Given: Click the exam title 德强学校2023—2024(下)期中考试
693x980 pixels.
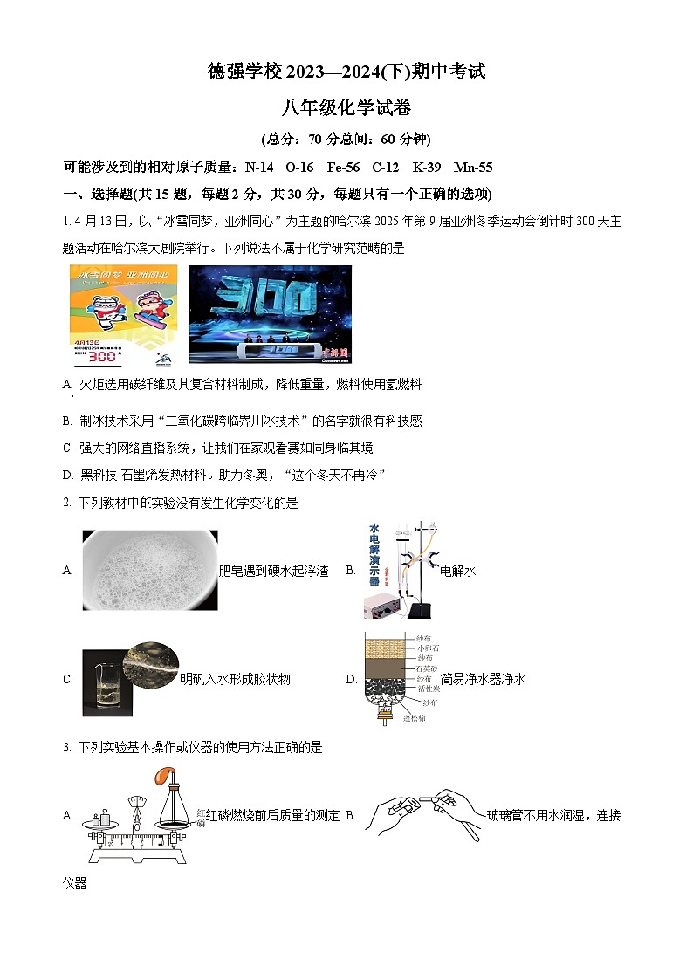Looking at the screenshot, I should click(346, 72).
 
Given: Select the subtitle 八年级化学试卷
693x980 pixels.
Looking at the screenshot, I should click(346, 108).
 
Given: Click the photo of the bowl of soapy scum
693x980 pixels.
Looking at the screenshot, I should click(149, 571).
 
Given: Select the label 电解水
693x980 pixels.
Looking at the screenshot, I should click(457, 571).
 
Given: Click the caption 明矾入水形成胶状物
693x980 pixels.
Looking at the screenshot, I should click(235, 678).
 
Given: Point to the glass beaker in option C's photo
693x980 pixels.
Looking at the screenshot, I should click(101, 685).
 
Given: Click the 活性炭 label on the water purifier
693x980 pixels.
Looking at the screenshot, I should click(429, 689).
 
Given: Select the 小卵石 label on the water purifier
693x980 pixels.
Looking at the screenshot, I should click(429, 648).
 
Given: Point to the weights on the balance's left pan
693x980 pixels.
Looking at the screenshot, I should click(101, 816).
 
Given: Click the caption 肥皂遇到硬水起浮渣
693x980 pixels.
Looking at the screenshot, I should click(273, 571).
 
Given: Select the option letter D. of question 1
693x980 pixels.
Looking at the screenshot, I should click(68, 474).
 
